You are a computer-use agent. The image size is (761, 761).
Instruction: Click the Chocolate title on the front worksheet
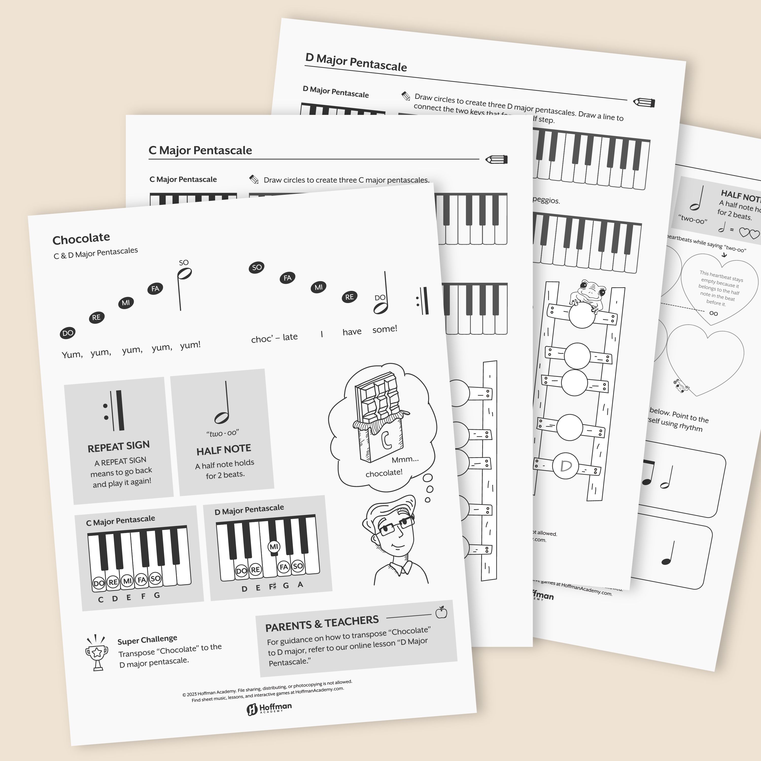click(81, 238)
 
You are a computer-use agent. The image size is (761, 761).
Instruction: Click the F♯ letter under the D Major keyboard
click(272, 587)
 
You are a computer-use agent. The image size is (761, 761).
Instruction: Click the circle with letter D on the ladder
click(565, 466)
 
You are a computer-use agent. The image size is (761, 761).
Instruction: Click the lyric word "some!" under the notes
click(385, 329)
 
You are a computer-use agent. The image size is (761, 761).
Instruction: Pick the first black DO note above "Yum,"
click(68, 333)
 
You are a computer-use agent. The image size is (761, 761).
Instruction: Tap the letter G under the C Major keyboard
click(157, 595)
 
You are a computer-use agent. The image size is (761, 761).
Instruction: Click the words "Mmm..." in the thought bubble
click(405, 459)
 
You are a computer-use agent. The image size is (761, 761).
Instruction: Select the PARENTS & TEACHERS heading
click(322, 623)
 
